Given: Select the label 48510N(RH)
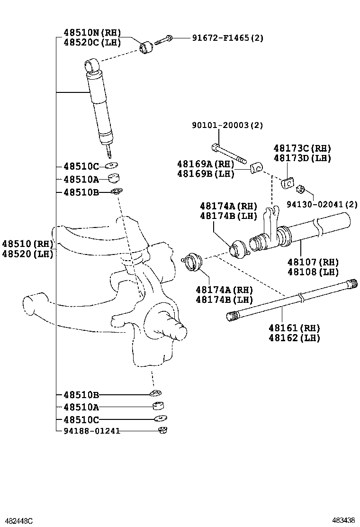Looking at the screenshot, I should (x=92, y=33).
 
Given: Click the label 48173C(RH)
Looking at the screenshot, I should (x=302, y=148).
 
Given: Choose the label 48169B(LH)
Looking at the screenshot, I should (x=206, y=174).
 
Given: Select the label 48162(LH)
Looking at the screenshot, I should (x=294, y=338).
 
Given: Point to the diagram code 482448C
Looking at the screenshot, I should (x=17, y=520).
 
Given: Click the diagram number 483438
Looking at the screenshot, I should (x=343, y=520).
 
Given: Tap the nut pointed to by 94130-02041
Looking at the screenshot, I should (x=300, y=190).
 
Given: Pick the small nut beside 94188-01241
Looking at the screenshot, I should (x=162, y=430).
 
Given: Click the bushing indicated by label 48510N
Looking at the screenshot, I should (x=147, y=47).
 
